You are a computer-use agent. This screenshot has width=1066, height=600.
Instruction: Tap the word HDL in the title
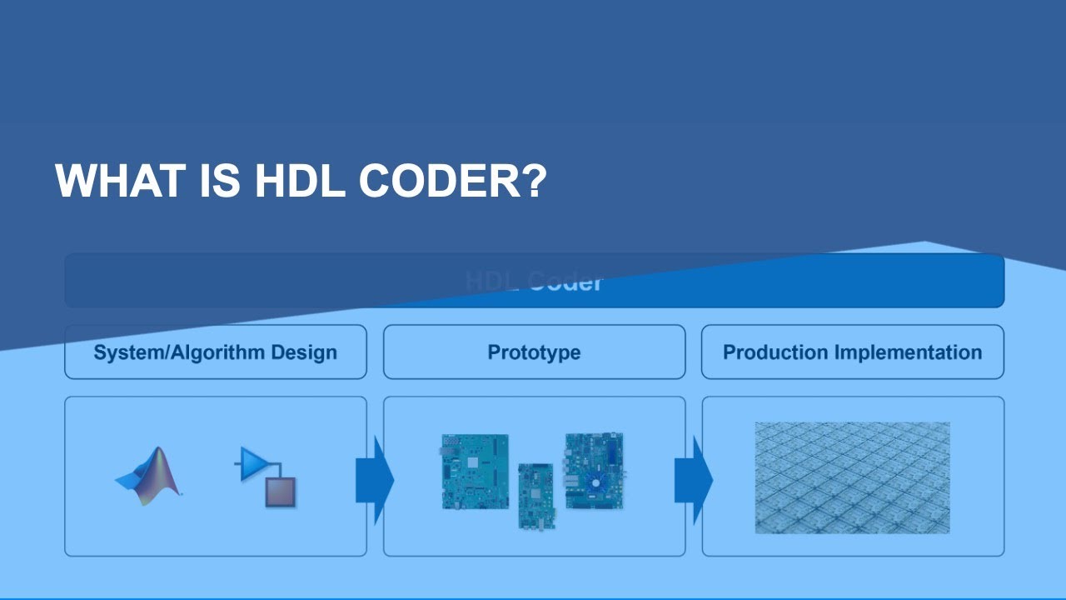299,181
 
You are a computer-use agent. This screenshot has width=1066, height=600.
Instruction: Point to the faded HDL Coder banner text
534,282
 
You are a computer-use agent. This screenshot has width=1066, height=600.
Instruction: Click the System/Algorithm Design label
215,352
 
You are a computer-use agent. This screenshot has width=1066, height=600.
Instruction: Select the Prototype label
534,352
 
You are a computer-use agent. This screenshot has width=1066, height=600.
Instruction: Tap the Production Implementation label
852,352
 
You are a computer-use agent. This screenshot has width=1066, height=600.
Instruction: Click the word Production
775,352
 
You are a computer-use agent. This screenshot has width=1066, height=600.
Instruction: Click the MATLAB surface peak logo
149,477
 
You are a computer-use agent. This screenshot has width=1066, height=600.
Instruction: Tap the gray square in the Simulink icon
281,492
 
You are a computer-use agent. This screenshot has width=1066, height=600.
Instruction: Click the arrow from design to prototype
374,480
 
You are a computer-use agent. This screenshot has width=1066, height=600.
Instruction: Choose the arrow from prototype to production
693,480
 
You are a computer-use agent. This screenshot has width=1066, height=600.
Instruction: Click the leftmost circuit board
475,472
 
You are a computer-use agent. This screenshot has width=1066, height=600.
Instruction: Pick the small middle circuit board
535,496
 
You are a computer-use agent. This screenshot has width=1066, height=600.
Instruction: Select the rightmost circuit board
594,471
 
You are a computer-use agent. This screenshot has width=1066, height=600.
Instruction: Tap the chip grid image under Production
852,477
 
